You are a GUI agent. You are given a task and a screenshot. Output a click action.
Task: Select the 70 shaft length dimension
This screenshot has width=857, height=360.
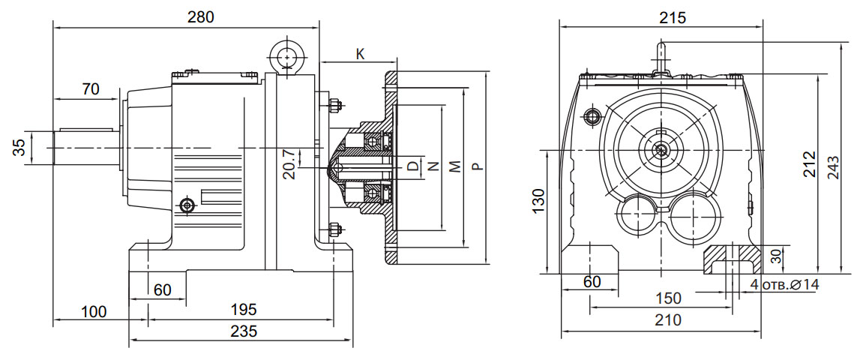[x=90, y=88]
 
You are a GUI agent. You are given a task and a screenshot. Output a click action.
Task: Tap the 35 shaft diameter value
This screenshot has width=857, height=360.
[x=20, y=147]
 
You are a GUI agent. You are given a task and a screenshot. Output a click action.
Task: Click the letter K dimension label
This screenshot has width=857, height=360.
[x=360, y=55]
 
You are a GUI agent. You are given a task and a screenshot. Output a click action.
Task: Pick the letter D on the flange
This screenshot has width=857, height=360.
[x=412, y=166]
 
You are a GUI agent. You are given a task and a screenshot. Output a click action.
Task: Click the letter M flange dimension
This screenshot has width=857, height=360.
[x=455, y=166]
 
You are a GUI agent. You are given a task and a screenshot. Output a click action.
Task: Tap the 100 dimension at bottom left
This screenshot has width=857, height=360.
[x=94, y=310]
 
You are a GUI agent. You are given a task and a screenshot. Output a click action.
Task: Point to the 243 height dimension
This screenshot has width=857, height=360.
[x=834, y=172]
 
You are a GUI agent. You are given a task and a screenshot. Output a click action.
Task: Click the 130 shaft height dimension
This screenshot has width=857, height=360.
[x=538, y=202]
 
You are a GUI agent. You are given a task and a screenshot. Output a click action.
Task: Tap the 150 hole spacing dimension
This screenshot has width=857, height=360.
[x=668, y=298]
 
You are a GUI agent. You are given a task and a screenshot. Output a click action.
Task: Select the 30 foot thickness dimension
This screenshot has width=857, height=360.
[x=776, y=256]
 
